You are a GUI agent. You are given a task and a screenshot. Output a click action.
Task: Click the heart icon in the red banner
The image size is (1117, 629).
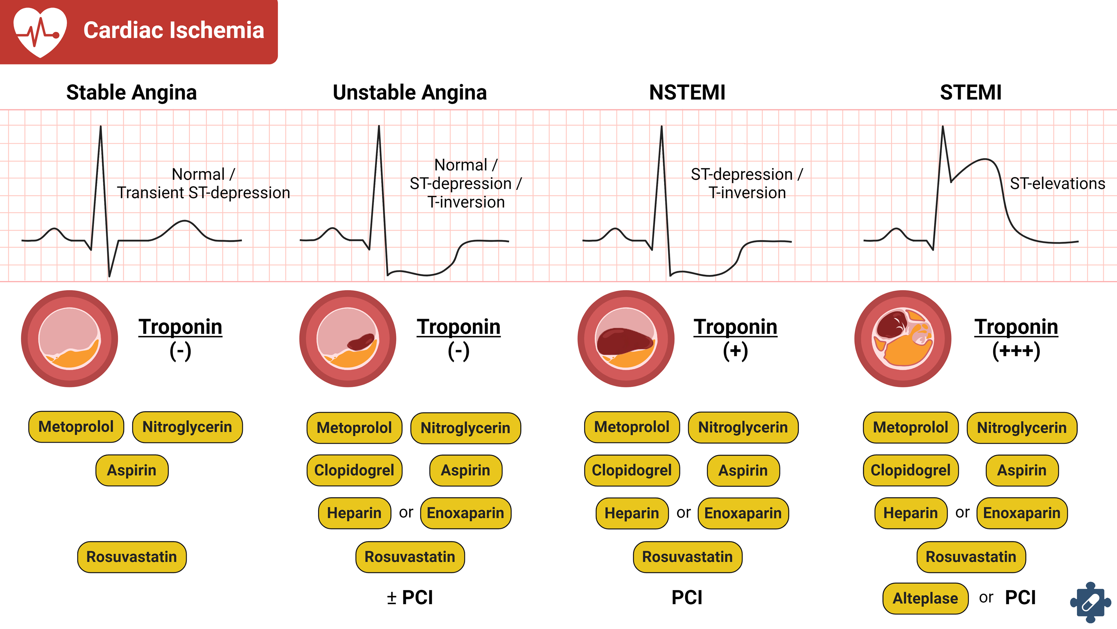(x=40, y=31)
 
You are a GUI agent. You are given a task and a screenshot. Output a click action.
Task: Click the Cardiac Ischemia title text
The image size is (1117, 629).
(x=173, y=30)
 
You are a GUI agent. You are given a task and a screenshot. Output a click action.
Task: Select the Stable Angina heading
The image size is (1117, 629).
(x=131, y=93)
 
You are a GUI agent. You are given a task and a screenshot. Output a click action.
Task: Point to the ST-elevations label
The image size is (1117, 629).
(x=1057, y=184)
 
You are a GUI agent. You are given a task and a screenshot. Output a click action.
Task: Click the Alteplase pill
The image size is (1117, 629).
(x=925, y=598)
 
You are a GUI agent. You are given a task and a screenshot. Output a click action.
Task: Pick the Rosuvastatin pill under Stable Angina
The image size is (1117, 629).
(x=131, y=557)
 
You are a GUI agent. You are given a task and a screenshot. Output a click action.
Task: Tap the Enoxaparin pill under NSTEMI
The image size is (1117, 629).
(x=743, y=513)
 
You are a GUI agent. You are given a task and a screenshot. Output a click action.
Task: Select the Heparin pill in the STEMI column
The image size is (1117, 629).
(x=910, y=513)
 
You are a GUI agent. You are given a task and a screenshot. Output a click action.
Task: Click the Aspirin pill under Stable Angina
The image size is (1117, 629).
(x=131, y=470)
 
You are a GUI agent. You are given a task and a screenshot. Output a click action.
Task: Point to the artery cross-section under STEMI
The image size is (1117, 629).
(x=903, y=338)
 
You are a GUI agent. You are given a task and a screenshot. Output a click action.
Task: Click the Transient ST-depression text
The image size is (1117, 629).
(x=203, y=193)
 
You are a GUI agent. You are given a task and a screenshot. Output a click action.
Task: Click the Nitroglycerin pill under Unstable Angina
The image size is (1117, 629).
(x=465, y=428)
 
